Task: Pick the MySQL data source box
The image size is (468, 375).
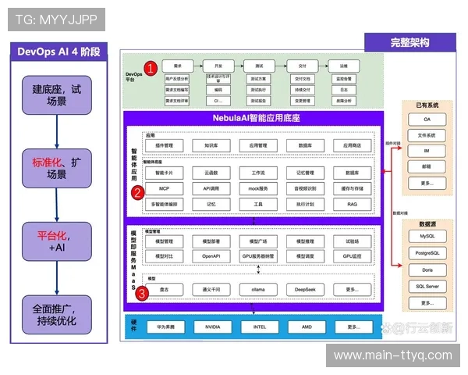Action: tap(427, 235)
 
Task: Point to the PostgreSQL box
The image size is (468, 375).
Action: tap(427, 252)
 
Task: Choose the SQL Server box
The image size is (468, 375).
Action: tap(427, 286)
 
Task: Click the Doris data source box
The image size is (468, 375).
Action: tap(427, 270)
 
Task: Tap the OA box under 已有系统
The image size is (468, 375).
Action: tap(427, 120)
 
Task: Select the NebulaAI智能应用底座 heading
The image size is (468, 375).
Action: tap(257, 117)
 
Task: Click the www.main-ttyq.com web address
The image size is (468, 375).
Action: tap(392, 355)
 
